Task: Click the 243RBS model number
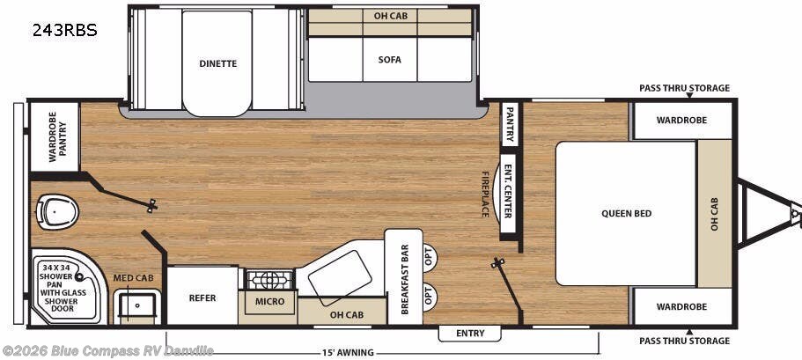point(64,30)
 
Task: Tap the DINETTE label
point(217,63)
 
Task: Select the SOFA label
point(389,60)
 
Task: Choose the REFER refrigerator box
point(202,298)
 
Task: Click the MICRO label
point(270,302)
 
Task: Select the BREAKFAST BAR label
point(405,277)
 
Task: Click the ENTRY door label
point(469,333)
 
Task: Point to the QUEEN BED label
point(626,213)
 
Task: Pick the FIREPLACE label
point(485,193)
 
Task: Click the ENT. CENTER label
point(508,189)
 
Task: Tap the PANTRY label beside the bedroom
point(509,124)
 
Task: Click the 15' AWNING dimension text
point(349,353)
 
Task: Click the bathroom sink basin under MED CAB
point(137,305)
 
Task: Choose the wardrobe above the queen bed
point(681,121)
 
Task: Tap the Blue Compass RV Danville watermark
point(108,351)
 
